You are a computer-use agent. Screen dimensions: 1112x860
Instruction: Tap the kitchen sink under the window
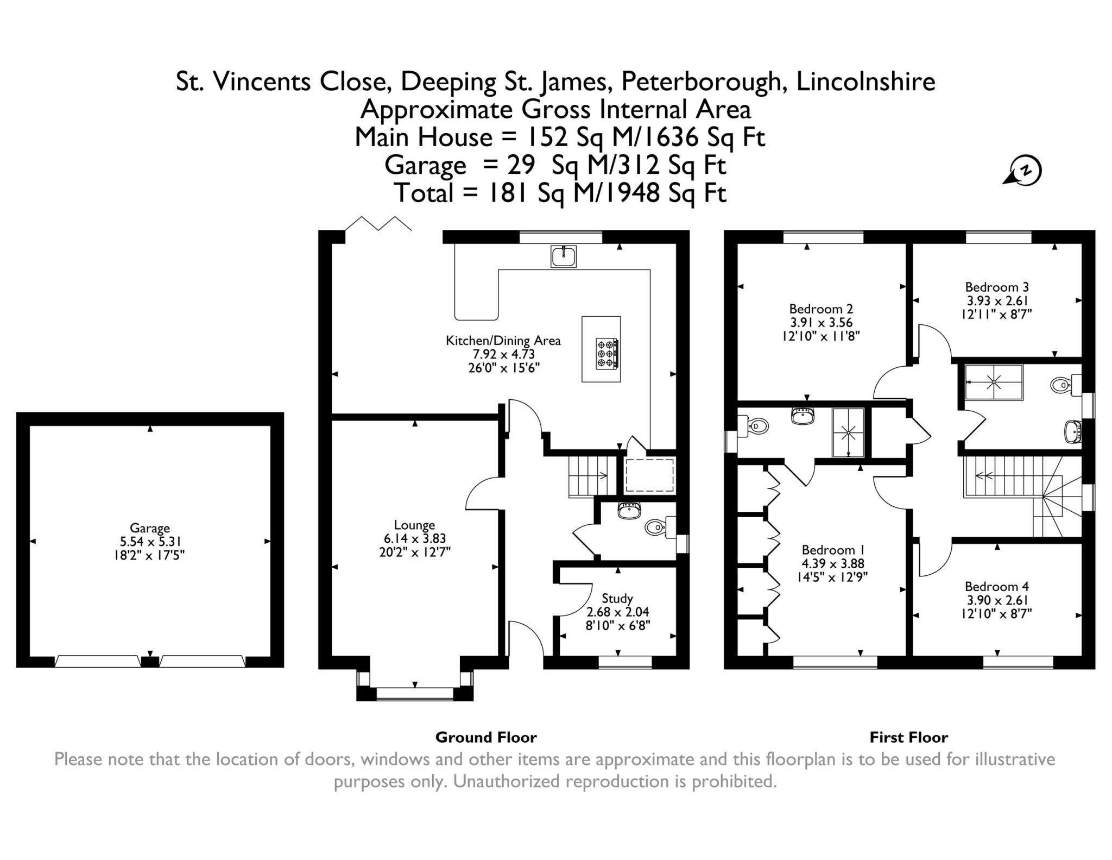(564, 256)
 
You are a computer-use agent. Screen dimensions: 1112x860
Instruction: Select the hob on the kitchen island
(606, 354)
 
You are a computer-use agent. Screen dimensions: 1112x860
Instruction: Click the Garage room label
(149, 528)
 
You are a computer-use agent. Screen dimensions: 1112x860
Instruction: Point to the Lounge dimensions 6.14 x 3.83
(414, 538)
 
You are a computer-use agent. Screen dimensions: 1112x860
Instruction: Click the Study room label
(617, 598)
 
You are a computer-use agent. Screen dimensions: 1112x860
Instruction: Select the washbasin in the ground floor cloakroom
(629, 510)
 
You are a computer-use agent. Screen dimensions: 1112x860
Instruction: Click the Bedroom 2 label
(821, 309)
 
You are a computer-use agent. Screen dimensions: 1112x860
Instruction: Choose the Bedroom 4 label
(996, 587)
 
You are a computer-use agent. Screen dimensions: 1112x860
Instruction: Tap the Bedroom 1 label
(833, 550)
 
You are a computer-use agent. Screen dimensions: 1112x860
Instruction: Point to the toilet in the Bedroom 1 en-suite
(755, 426)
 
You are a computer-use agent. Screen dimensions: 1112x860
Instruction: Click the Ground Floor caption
(486, 737)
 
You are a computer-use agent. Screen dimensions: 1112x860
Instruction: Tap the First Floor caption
(909, 737)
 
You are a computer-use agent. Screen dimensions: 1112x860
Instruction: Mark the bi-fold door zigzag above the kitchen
(379, 223)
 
